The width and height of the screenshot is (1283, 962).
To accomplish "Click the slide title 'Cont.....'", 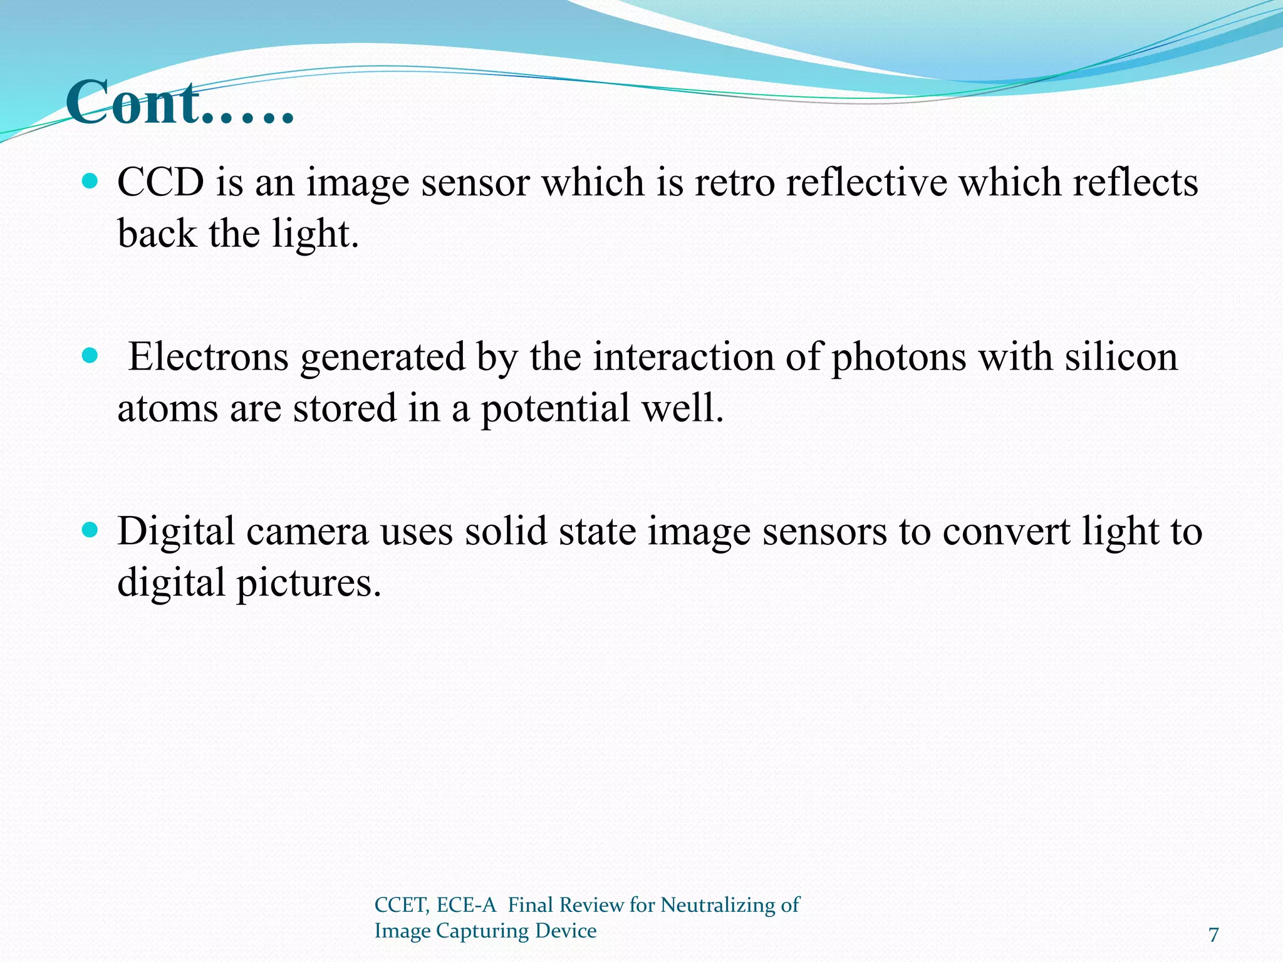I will point(180,103).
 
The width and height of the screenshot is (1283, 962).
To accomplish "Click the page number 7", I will point(1213,934).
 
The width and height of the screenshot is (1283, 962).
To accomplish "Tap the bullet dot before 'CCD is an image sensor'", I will point(91,182).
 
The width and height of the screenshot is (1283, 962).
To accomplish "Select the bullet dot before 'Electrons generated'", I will point(91,356).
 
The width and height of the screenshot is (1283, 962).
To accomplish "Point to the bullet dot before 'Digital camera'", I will point(91,530).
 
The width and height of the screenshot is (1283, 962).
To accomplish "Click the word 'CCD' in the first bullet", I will point(161,183).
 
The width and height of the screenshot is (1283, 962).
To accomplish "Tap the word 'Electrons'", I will point(209,357).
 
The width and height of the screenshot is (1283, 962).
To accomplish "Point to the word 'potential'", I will point(555,408).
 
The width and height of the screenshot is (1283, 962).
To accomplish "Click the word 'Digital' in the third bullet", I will point(175,531).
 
